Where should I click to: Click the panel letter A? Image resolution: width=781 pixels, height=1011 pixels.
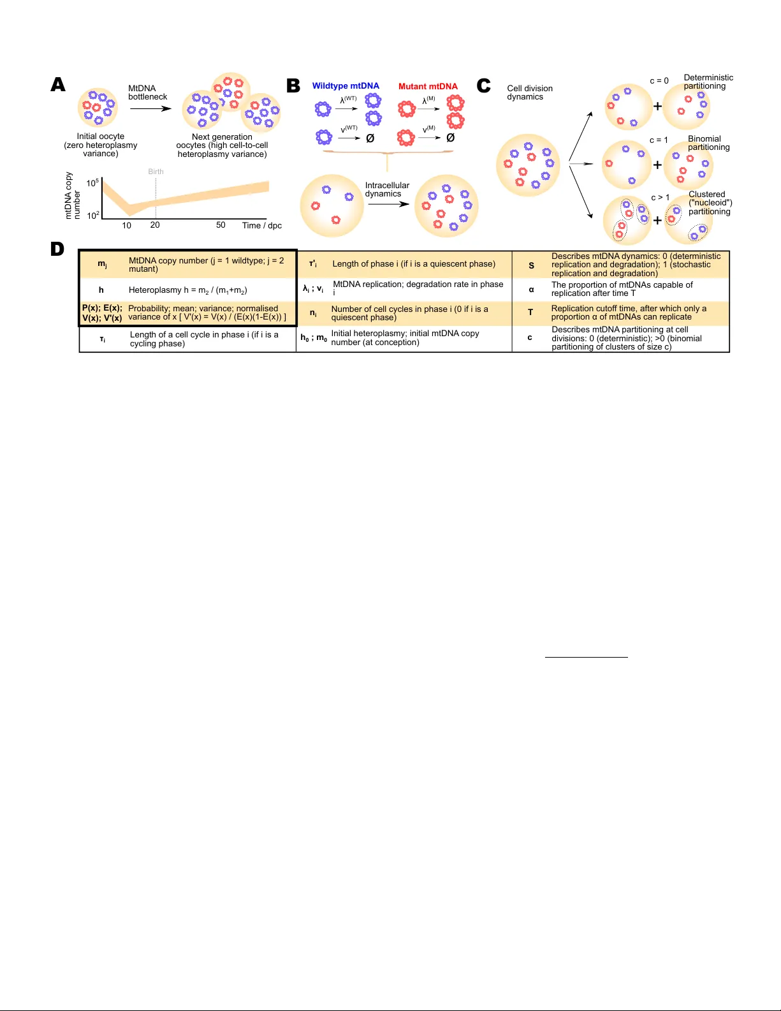point(58,85)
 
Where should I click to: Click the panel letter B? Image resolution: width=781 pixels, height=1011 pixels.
point(293,86)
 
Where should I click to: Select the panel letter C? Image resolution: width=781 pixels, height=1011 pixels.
point(484,85)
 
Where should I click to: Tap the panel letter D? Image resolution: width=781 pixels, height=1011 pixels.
point(57,249)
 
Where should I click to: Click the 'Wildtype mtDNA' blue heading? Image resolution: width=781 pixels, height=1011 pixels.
point(346,86)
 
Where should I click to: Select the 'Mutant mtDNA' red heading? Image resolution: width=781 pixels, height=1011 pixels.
point(428,86)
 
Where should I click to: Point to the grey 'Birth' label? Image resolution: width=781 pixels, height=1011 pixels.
point(156,172)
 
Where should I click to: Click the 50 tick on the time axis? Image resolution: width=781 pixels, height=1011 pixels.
point(221,225)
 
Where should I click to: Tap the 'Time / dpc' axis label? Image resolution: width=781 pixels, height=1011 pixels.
point(261,225)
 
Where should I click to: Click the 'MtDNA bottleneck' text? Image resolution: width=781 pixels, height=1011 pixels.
point(147,92)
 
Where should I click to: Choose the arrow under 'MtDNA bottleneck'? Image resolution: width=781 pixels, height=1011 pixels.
point(150,108)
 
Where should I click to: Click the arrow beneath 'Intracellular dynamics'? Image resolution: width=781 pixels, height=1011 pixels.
point(388,204)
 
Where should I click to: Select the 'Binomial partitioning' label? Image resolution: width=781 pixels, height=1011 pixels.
point(708,143)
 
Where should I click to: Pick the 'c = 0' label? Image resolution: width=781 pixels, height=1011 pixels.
point(659,81)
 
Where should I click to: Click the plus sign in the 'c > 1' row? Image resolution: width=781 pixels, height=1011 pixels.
point(657,221)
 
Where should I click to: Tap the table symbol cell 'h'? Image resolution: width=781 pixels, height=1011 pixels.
point(101,290)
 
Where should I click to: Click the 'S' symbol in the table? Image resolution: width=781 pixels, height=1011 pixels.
point(531,265)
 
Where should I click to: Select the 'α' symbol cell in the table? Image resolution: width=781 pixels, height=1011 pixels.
point(531,290)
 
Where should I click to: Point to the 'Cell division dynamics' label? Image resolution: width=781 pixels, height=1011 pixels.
point(529,92)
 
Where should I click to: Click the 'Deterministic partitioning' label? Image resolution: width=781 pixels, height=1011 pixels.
point(708,82)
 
